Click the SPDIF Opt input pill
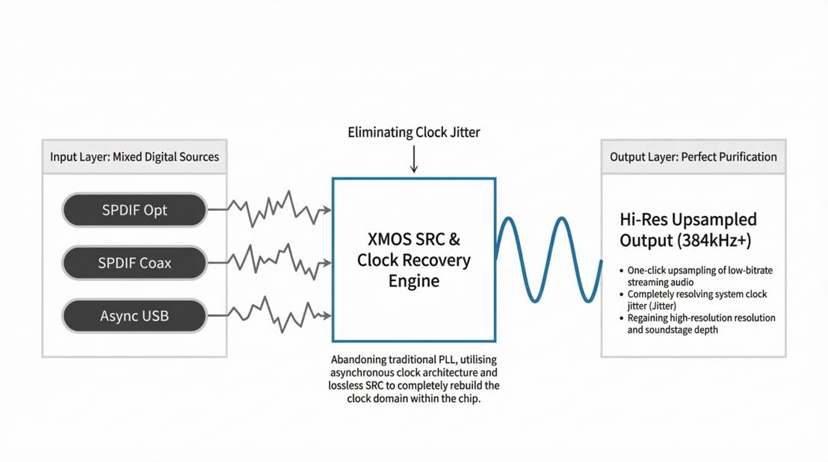pyautogui.click(x=135, y=210)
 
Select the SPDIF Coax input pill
pyautogui.click(x=135, y=263)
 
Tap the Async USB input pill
pyautogui.click(x=135, y=316)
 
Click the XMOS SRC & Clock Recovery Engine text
pyautogui.click(x=413, y=260)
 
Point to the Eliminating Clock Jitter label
pyautogui.click(x=413, y=132)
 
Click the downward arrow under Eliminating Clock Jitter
pyautogui.click(x=413, y=159)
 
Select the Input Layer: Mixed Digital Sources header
pyautogui.click(x=135, y=157)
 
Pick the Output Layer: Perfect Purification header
pyautogui.click(x=693, y=157)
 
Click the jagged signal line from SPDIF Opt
pyautogui.click(x=269, y=209)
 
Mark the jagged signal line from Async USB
pyautogui.click(x=269, y=315)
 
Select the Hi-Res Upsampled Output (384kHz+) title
pyautogui.click(x=688, y=230)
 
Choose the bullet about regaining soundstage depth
pyautogui.click(x=701, y=324)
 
